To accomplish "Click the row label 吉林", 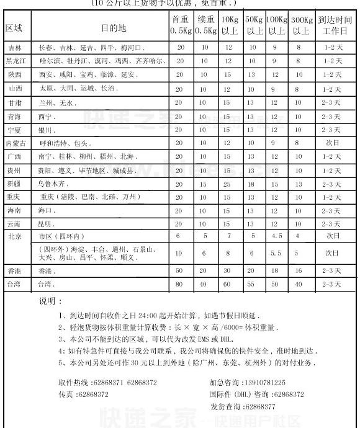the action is click(14, 48).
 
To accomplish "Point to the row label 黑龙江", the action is click(15, 61).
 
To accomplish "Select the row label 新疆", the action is click(14, 184).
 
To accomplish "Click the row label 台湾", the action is click(14, 285).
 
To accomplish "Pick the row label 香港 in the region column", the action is click(14, 271).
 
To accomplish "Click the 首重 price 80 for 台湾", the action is click(179, 285).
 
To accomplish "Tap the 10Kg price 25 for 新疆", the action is click(228, 184).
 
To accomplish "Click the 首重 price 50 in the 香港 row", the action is click(179, 271).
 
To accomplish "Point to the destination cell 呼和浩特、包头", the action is click(62, 143).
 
